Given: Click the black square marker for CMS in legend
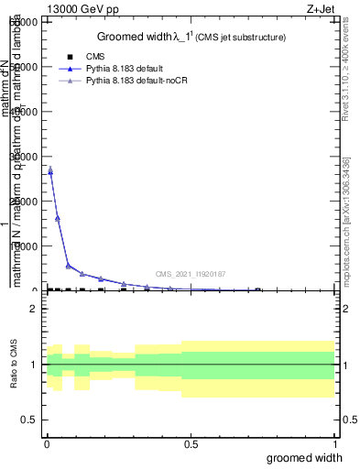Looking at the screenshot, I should click(x=71, y=57).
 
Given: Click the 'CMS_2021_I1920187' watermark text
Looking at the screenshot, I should click(x=190, y=274).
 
